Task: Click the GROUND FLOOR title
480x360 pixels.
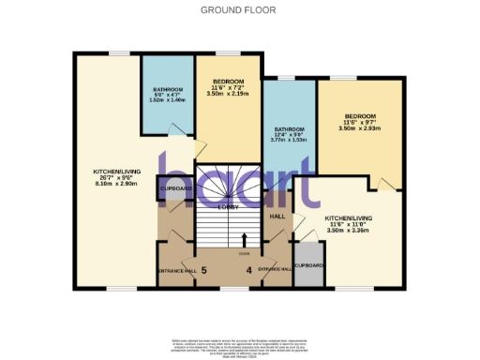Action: [239, 9]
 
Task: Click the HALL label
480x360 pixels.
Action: [277, 217]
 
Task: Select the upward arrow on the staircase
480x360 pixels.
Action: [246, 239]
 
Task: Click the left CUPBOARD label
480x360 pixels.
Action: [176, 188]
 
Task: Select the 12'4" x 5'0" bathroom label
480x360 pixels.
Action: [289, 133]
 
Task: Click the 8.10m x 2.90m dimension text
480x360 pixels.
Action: [115, 185]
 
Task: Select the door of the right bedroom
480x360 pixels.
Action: [392, 181]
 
